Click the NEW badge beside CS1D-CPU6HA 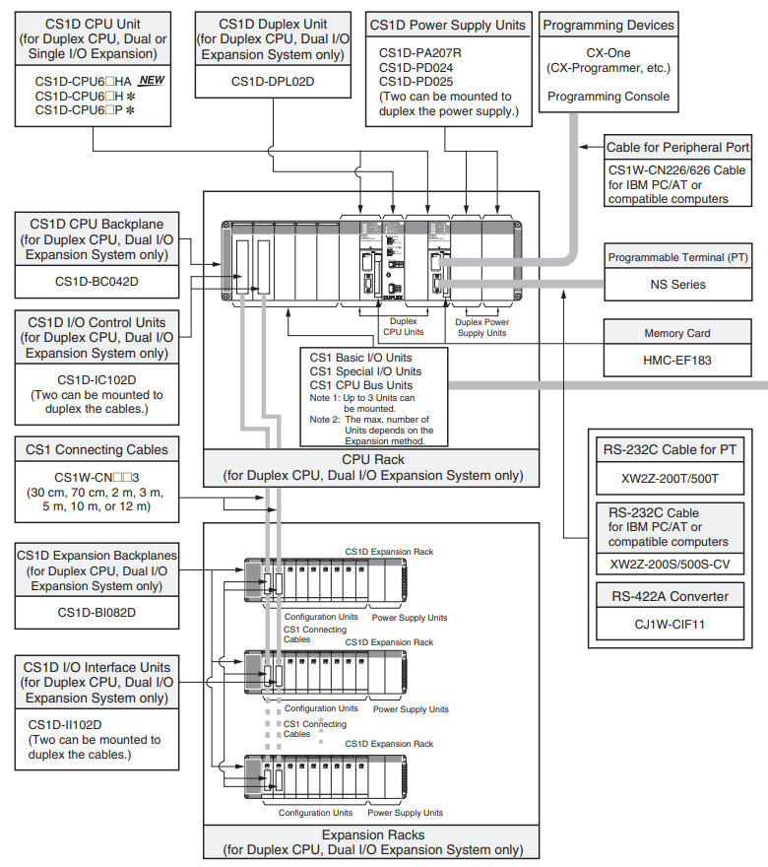[152, 80]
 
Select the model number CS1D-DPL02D [273, 82]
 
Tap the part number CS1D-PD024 [416, 67]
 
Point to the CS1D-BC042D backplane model [96, 282]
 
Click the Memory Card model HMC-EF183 [677, 361]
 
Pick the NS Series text [678, 285]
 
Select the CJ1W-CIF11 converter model [670, 625]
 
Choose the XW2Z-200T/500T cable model [670, 479]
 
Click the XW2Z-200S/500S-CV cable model [670, 564]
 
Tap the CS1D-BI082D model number [96, 613]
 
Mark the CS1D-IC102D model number [96, 380]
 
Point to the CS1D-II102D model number [65, 725]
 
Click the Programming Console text [608, 97]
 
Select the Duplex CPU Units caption [404, 326]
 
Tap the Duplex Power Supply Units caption [481, 327]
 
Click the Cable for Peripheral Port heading [678, 148]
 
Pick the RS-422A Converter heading [670, 597]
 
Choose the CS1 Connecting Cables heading [96, 449]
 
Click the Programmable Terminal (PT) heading [678, 258]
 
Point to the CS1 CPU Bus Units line [360, 385]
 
